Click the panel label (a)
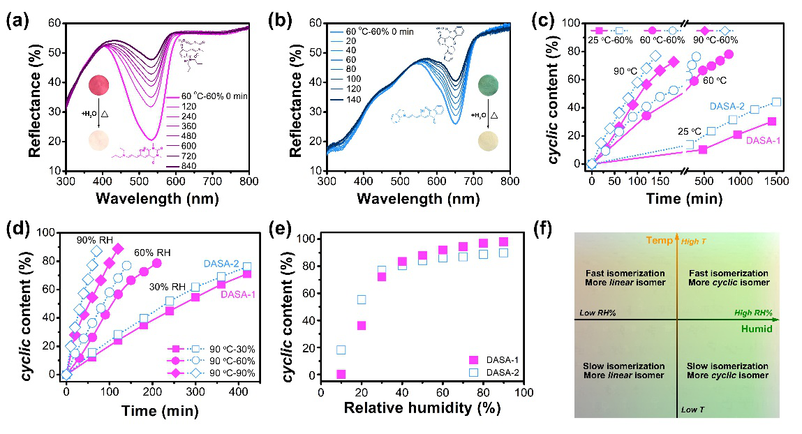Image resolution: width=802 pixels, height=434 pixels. click(x=17, y=20)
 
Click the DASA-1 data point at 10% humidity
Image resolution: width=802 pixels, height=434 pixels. click(x=341, y=375)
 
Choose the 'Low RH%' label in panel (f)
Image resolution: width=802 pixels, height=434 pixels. click(x=597, y=314)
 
